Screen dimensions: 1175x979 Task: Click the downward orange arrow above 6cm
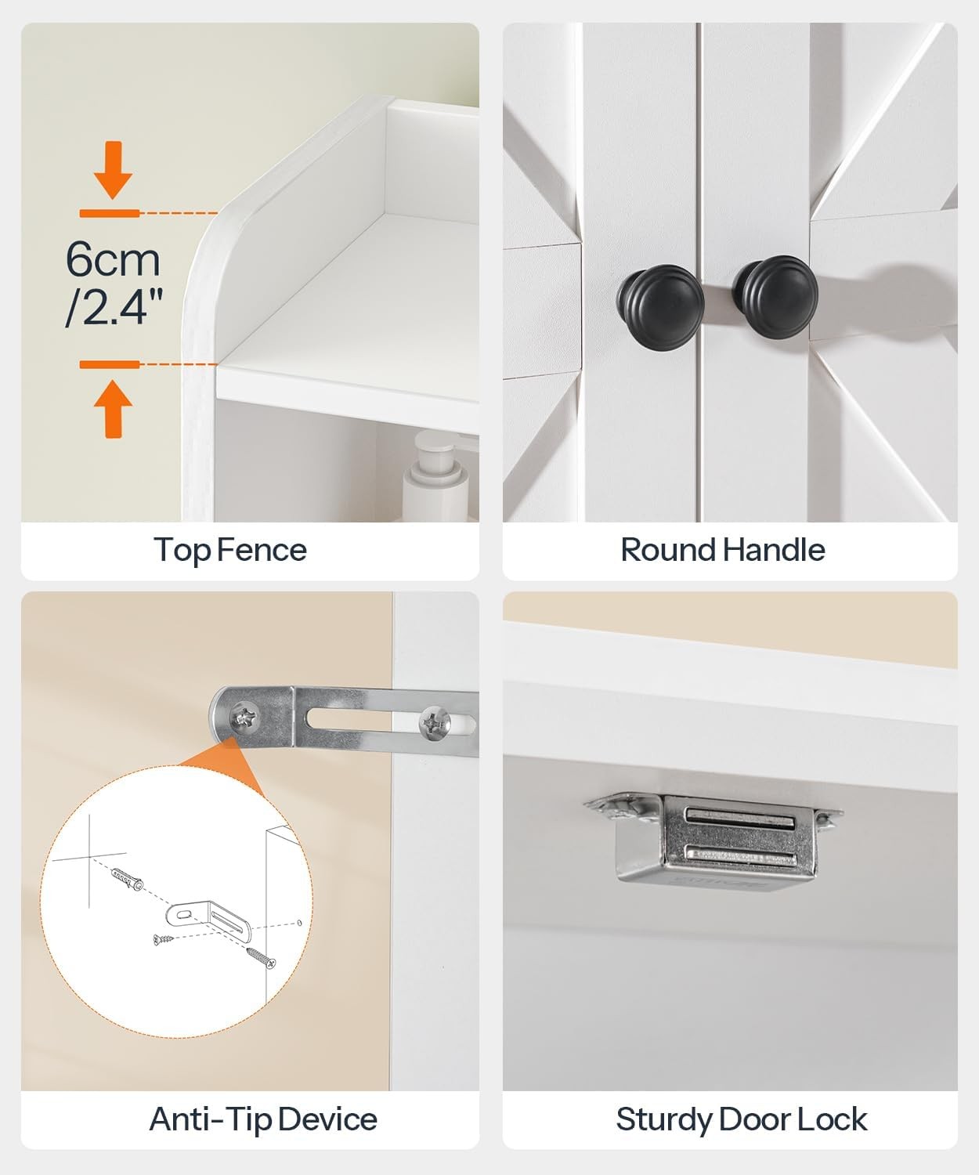(x=113, y=170)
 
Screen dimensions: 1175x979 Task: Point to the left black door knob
(x=660, y=300)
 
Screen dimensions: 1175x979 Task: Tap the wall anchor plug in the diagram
(x=127, y=879)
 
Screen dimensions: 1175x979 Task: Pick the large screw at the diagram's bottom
(x=261, y=957)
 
